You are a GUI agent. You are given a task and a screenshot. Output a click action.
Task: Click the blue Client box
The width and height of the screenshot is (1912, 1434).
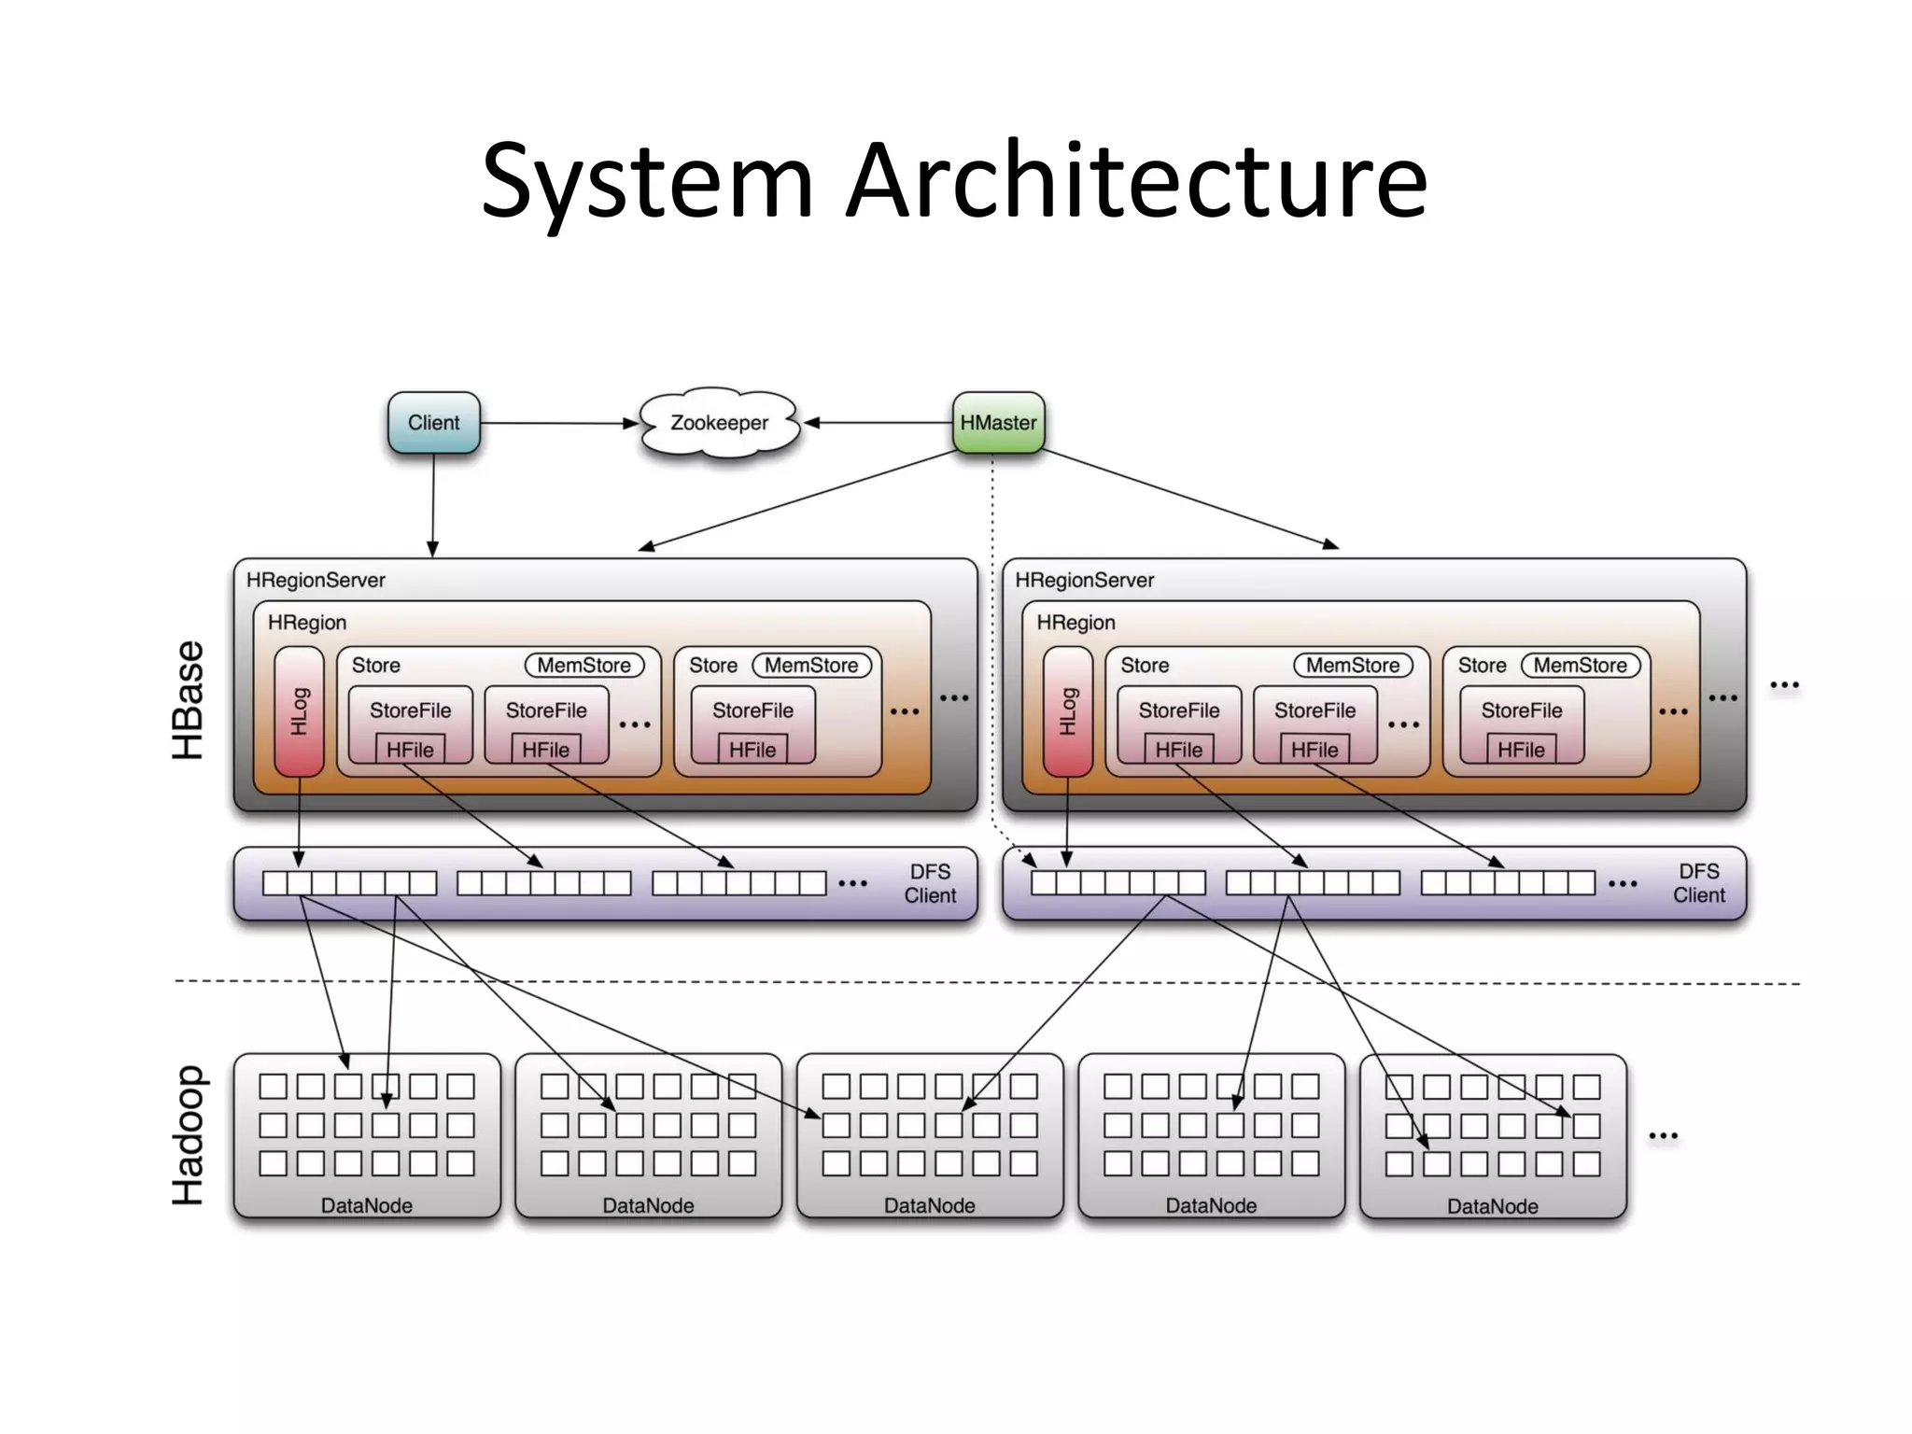[x=433, y=423]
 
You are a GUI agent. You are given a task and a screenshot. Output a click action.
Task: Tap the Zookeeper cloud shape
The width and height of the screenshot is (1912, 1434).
[x=719, y=423]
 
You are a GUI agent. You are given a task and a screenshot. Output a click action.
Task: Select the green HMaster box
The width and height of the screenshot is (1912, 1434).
[x=998, y=423]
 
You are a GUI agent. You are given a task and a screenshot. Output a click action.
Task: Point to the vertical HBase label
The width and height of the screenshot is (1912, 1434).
[x=188, y=699]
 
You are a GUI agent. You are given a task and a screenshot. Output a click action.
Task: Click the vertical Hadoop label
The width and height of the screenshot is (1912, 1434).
[x=188, y=1135]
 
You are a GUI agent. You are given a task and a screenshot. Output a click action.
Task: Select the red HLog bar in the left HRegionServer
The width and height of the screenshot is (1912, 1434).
[x=299, y=711]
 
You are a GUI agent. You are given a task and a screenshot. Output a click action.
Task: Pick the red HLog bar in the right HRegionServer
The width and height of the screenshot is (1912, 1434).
[x=1067, y=711]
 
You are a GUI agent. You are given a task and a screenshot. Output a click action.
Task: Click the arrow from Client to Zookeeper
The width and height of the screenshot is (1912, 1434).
[x=560, y=423]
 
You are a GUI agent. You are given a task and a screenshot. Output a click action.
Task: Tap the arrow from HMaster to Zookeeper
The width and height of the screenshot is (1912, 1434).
[x=878, y=423]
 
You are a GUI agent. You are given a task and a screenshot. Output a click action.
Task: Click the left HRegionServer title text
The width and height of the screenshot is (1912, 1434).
[x=316, y=580]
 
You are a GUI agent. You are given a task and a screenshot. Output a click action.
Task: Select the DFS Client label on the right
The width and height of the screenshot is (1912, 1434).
[x=1698, y=883]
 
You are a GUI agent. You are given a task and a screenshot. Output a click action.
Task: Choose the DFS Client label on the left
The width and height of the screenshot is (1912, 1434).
[x=930, y=883]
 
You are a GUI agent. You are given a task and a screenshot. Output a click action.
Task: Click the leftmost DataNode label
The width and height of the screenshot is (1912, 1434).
[x=366, y=1205]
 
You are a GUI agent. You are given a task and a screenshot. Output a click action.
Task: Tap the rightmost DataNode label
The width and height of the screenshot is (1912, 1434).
[x=1492, y=1206]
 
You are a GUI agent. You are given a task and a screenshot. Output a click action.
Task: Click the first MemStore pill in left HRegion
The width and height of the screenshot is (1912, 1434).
[x=584, y=666]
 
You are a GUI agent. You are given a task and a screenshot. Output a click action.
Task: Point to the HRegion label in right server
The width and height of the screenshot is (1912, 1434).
[x=1075, y=623]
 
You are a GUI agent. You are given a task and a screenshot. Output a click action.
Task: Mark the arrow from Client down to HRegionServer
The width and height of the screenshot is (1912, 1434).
[x=433, y=504]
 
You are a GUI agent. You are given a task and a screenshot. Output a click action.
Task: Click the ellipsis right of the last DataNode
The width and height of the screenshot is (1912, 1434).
[x=1663, y=1136]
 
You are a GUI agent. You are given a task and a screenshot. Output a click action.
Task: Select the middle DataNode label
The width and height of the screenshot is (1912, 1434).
[x=929, y=1205]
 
